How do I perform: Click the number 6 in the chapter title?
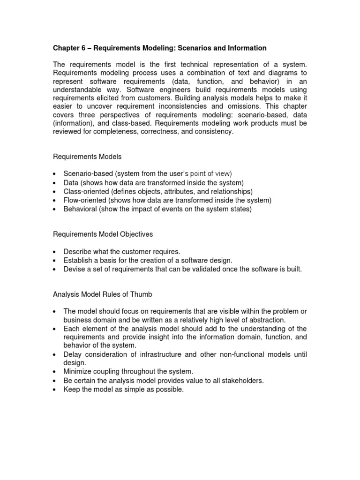pos(82,48)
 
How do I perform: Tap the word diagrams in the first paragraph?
pos(275,73)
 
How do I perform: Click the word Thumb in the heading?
pos(142,294)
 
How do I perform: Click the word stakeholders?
pos(243,380)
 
